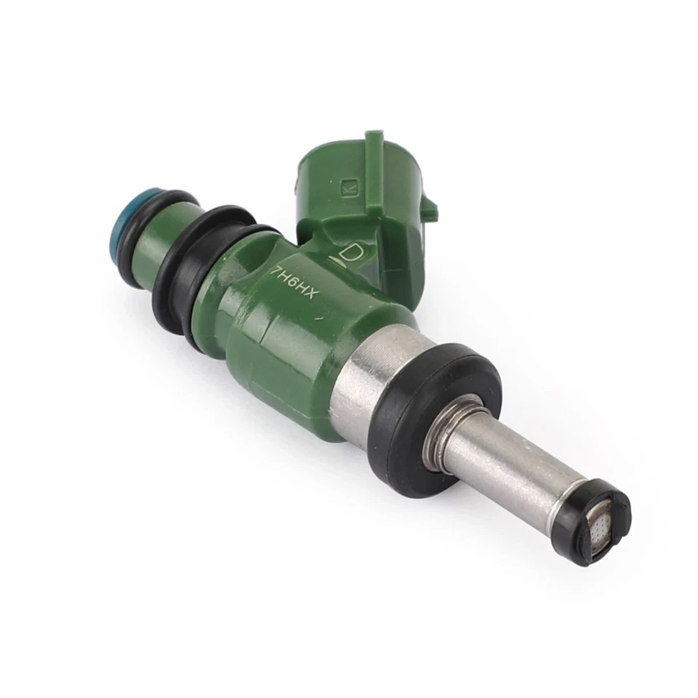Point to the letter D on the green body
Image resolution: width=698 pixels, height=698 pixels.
point(353,254)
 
